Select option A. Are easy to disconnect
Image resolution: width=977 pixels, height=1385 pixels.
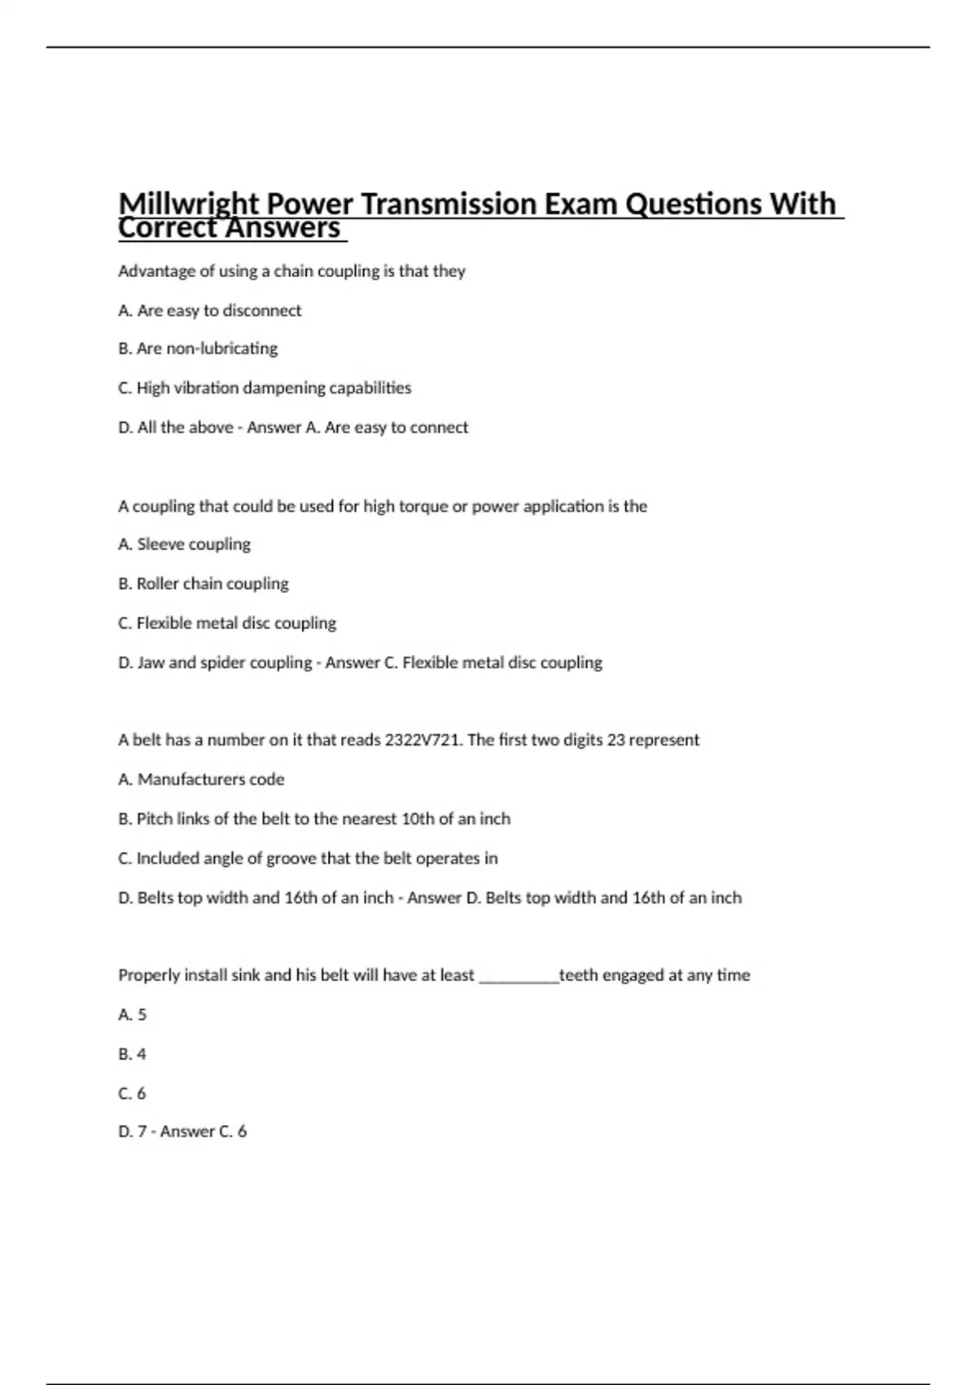(x=209, y=310)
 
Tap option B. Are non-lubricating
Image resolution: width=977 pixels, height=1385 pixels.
(x=198, y=349)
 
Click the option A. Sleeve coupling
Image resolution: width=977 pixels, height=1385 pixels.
(x=184, y=544)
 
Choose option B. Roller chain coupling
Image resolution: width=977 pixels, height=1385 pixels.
(x=204, y=583)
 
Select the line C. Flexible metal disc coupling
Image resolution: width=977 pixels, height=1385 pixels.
(x=227, y=623)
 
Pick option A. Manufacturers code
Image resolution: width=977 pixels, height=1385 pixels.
(x=201, y=780)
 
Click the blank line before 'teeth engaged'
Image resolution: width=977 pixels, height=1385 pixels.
(x=519, y=976)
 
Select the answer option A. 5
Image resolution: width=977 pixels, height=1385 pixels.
(x=133, y=1015)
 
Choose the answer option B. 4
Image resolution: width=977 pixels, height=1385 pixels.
(x=133, y=1054)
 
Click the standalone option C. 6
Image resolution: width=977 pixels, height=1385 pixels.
(x=133, y=1093)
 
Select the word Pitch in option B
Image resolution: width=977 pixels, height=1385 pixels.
(x=155, y=819)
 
